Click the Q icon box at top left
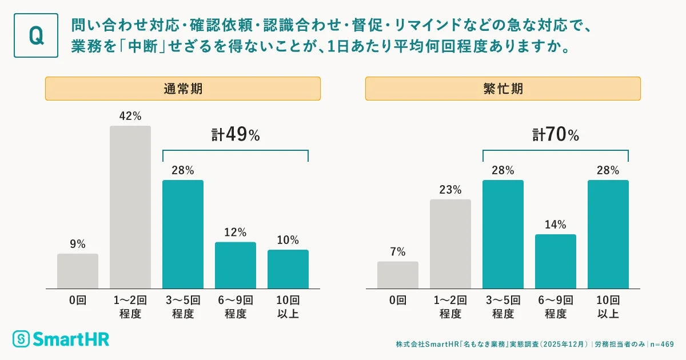(x=36, y=35)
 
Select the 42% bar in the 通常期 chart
(x=130, y=207)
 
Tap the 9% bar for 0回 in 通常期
(x=78, y=271)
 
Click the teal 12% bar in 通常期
(x=236, y=265)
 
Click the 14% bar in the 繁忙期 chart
(x=556, y=261)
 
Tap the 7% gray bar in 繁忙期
(x=398, y=275)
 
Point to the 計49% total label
(x=236, y=135)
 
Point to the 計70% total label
(x=556, y=135)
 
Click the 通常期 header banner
(x=183, y=89)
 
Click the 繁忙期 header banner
(x=503, y=89)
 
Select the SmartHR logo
(x=61, y=338)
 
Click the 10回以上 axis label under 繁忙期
(x=608, y=307)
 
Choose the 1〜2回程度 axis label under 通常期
(x=130, y=307)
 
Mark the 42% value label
(x=130, y=116)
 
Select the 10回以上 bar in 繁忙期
(x=608, y=234)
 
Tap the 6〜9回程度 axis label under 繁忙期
(x=556, y=307)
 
